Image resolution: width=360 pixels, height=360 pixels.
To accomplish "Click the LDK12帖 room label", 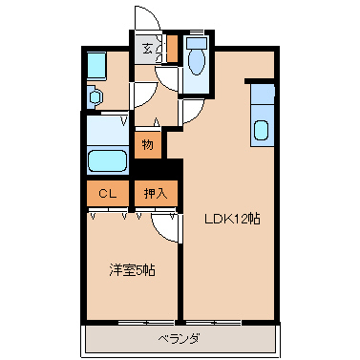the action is click(232, 219).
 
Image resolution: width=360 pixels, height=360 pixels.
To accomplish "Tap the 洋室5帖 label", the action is click(132, 270).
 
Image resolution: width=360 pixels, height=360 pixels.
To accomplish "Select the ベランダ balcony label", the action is click(180, 338).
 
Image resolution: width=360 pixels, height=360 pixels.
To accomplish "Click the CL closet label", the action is click(108, 194).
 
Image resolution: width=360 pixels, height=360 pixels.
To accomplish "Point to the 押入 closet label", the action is click(156, 193).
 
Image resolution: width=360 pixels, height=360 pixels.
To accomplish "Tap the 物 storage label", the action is click(148, 145).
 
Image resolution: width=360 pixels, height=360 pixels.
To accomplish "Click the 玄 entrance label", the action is click(147, 49).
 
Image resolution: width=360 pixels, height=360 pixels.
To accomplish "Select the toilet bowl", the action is click(197, 62).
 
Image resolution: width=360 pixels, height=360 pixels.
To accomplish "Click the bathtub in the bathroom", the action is click(107, 161).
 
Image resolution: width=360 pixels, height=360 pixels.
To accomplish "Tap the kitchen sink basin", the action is click(262, 131).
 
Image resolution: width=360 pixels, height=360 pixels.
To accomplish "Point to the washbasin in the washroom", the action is click(95, 96).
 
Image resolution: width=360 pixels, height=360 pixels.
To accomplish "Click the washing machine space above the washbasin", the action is click(96, 66).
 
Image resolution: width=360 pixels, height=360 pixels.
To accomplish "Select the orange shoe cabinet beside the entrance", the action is click(172, 49).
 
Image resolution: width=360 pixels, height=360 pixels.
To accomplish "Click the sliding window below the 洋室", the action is click(146, 323).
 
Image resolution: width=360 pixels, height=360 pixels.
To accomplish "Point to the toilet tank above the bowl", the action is click(197, 43).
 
